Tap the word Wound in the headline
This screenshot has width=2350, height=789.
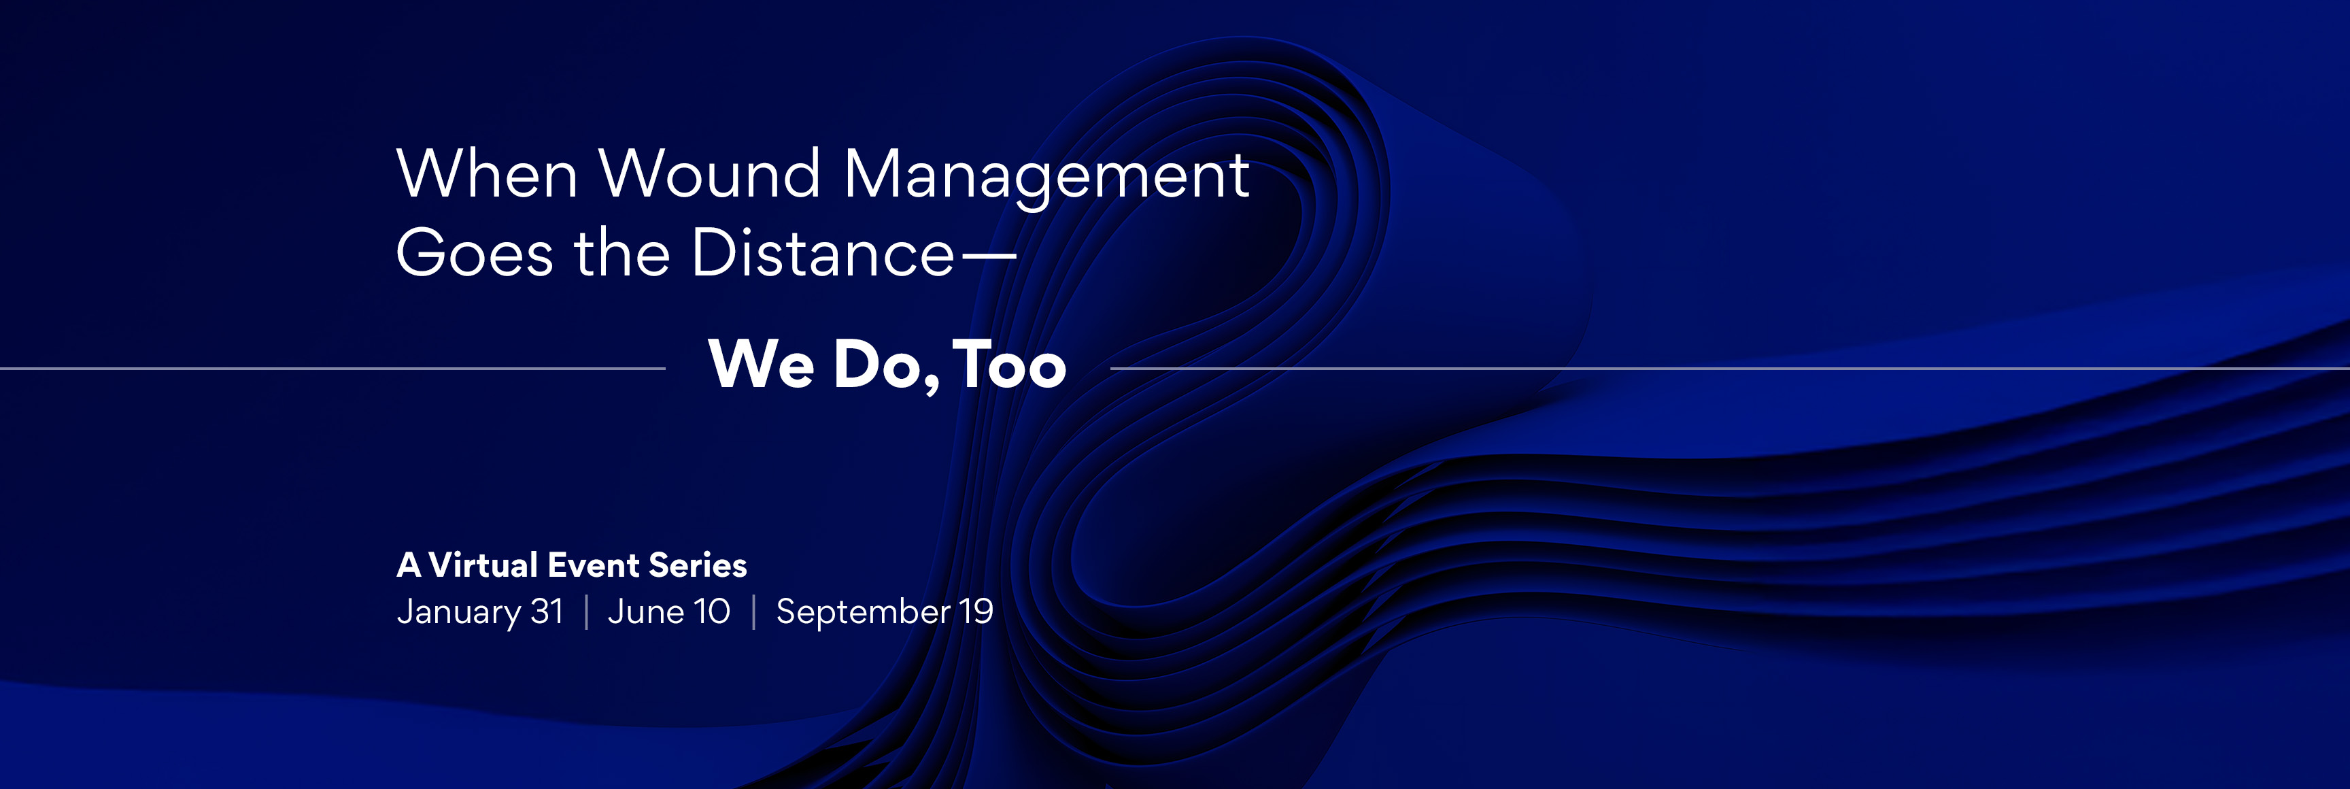point(710,173)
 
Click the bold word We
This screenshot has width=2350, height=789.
point(761,364)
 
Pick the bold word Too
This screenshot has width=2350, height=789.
point(1009,364)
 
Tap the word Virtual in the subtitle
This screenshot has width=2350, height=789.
point(483,565)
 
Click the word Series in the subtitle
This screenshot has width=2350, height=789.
point(698,565)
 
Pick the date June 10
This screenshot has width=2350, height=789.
point(668,611)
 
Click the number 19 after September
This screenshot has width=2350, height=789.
point(975,611)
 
